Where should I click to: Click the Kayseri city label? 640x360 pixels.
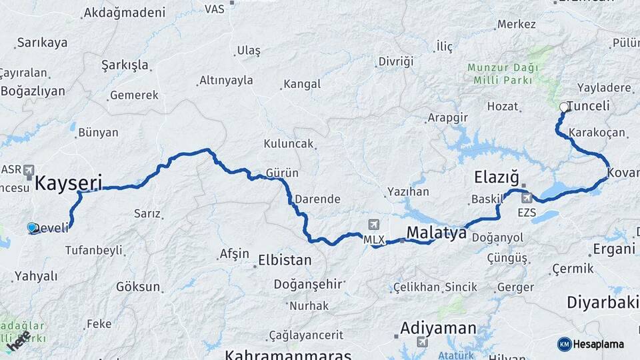pyautogui.click(x=68, y=182)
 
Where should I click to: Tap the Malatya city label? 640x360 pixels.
pyautogui.click(x=437, y=233)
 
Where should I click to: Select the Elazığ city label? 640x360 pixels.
pyautogui.click(x=496, y=177)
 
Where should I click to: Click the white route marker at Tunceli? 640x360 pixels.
pyautogui.click(x=564, y=107)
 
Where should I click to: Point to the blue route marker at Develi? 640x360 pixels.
pyautogui.click(x=32, y=227)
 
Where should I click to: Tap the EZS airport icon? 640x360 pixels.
pyautogui.click(x=526, y=198)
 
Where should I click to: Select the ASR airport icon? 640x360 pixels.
pyautogui.click(x=29, y=171)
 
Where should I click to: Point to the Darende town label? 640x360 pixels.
pyautogui.click(x=317, y=199)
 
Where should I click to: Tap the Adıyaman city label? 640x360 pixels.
pyautogui.click(x=438, y=328)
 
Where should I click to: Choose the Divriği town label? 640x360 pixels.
pyautogui.click(x=395, y=61)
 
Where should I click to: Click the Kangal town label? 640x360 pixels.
pyautogui.click(x=302, y=85)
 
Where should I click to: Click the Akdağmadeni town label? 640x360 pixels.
pyautogui.click(x=124, y=13)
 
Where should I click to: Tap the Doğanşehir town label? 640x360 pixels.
pyautogui.click(x=307, y=284)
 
